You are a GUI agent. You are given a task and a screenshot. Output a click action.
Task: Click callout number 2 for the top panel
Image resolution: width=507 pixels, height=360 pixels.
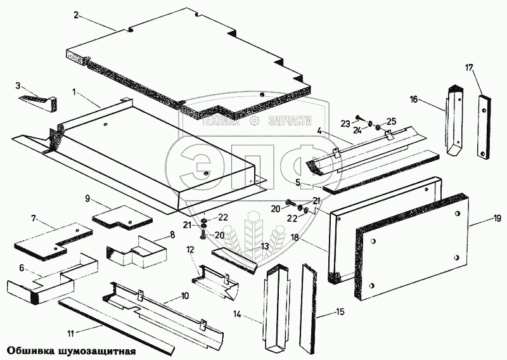[76, 15]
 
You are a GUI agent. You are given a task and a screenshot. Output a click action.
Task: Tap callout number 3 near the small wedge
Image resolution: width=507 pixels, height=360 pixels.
[18, 86]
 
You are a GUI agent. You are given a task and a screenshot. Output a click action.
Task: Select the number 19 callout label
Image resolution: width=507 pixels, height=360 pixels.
[497, 218]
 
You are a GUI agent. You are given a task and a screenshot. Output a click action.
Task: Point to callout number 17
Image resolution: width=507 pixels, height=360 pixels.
[469, 68]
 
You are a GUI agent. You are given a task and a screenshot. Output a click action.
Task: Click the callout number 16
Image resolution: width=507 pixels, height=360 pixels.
[414, 99]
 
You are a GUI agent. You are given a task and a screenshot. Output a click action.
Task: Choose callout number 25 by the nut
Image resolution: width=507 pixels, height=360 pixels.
[391, 122]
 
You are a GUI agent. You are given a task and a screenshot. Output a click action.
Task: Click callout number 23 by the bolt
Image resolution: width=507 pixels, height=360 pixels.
[345, 124]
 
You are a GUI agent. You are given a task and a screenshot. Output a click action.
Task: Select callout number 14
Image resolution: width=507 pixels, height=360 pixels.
[237, 314]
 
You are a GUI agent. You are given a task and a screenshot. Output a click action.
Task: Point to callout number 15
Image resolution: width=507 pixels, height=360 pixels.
[340, 312]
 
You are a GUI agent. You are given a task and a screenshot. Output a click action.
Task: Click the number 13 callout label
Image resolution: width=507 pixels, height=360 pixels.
[265, 247]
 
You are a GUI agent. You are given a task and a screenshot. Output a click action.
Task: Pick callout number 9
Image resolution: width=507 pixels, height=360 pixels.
[87, 198]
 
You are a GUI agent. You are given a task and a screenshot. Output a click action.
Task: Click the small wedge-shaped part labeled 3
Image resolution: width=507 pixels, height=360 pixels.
[38, 103]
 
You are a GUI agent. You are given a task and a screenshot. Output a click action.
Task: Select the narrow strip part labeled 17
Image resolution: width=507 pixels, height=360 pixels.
[484, 127]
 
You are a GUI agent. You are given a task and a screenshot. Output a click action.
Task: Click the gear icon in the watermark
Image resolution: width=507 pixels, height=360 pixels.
[255, 121]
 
